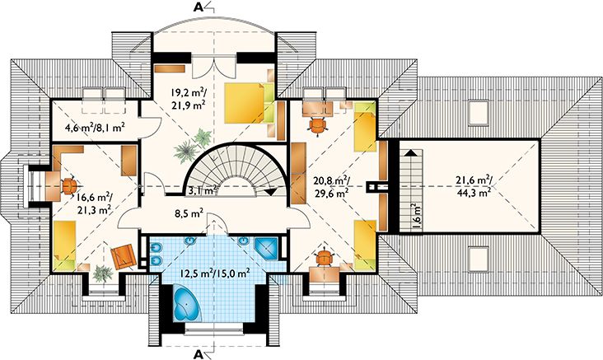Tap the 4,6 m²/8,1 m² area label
tap(95, 127)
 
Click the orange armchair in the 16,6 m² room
tap(122, 256)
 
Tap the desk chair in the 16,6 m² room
tap(69, 185)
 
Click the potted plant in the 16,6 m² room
tap(101, 273)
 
